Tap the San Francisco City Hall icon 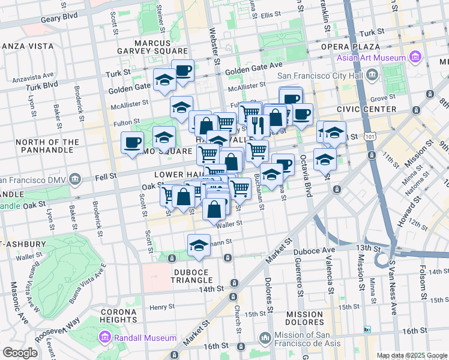coord(373,75)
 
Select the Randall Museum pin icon coord(106,338)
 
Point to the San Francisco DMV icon coord(74,179)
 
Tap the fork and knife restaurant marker coord(258,125)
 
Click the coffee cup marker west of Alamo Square coord(132,143)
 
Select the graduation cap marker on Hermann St coord(199,245)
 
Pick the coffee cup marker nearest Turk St coord(182,71)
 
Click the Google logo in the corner coord(20,353)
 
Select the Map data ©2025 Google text coord(412,355)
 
